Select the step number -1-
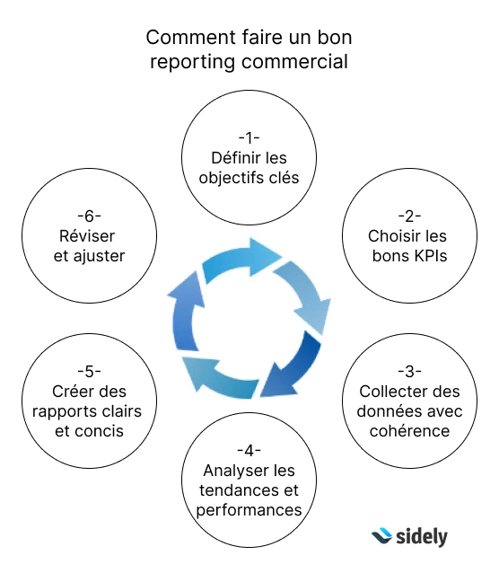click(x=249, y=138)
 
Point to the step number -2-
click(x=409, y=216)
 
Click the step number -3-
click(x=409, y=372)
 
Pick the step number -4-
click(x=249, y=451)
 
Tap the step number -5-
click(x=89, y=372)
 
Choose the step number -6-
click(x=89, y=216)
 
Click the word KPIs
click(x=428, y=256)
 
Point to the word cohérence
click(x=409, y=431)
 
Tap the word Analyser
click(x=230, y=471)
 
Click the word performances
click(x=249, y=510)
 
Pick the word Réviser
click(x=87, y=236)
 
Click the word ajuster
click(x=100, y=257)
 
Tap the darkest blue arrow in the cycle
click(x=293, y=366)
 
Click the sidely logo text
click(x=422, y=537)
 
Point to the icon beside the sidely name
click(x=382, y=535)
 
